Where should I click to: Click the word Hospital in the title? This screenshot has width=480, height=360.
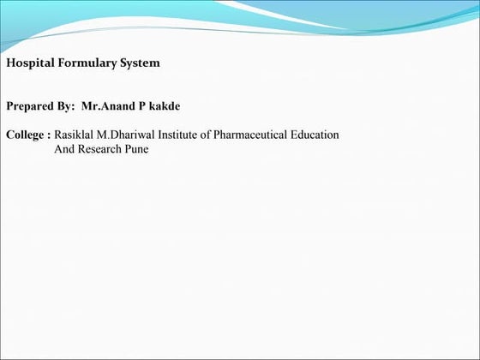tap(29, 63)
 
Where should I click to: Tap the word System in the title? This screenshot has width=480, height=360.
tap(139, 63)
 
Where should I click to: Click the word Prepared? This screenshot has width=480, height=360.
tap(32, 107)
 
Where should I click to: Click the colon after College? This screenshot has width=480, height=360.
tap(51, 135)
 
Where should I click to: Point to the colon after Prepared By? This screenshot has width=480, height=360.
tap(75, 108)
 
